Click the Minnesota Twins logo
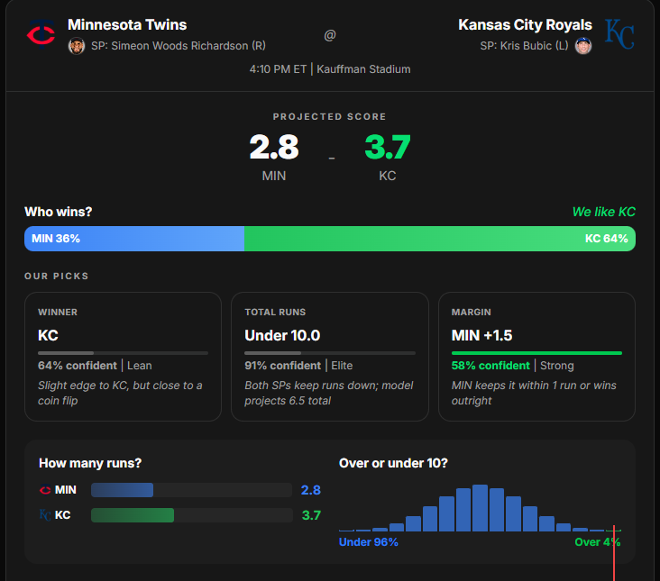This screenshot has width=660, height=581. [x=41, y=34]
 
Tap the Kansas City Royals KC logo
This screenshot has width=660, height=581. [x=619, y=33]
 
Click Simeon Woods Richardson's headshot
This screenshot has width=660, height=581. [x=77, y=46]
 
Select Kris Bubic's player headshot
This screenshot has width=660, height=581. [x=583, y=46]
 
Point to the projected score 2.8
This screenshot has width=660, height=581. [x=274, y=147]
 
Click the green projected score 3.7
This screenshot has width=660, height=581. [x=388, y=147]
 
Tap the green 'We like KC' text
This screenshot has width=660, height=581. [x=603, y=212]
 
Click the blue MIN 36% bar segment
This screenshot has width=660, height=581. [x=134, y=239]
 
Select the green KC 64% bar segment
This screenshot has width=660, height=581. [x=440, y=239]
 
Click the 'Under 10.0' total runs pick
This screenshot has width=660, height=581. [x=282, y=335]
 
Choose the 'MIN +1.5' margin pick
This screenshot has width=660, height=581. [x=483, y=335]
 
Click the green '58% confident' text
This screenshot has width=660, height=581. [x=490, y=366]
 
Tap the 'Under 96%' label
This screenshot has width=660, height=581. [x=368, y=542]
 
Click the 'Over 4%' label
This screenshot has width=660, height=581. [x=598, y=542]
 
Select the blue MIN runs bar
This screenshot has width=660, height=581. [x=122, y=490]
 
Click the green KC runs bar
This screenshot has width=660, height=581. [x=133, y=515]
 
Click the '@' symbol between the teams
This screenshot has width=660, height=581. [x=330, y=35]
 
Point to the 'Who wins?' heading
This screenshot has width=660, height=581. [x=58, y=212]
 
